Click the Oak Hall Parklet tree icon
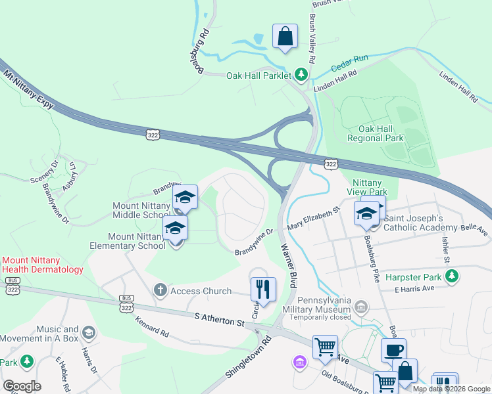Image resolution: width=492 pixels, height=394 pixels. (301, 75)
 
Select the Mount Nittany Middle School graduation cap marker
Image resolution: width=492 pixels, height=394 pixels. (185, 198)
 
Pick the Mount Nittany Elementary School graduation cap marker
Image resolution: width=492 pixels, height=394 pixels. (176, 228)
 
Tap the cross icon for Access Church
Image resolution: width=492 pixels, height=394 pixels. (160, 290)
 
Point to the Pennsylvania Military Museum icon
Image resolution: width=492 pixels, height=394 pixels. (360, 306)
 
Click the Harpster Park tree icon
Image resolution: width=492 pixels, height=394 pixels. (451, 277)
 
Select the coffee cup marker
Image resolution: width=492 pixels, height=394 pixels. (393, 350)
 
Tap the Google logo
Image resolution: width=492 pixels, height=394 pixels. (22, 385)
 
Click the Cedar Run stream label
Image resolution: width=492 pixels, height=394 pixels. (349, 62)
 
